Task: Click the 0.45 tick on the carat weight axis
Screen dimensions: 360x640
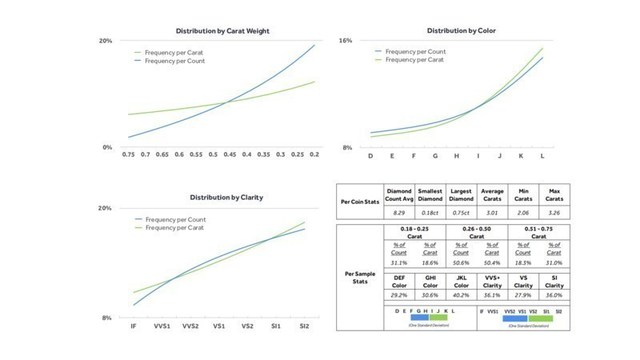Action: pos(230,155)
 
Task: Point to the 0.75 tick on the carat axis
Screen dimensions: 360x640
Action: pos(128,155)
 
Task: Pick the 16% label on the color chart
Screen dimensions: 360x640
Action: pos(344,41)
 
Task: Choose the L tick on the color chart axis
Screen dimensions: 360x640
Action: pos(543,156)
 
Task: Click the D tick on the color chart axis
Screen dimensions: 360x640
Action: pos(371,156)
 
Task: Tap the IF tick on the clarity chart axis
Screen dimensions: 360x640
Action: pos(134,326)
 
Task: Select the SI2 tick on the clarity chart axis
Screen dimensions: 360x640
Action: pos(305,326)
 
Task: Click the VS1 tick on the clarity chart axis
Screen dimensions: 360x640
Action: pos(219,326)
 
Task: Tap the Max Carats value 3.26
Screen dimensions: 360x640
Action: pos(554,213)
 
